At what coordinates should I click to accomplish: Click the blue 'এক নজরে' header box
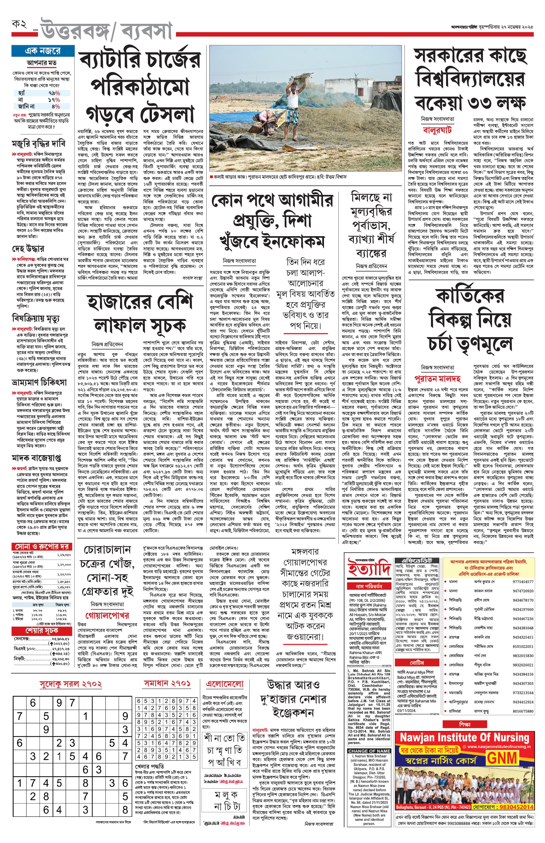tap(43, 51)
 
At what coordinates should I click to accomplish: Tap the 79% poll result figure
tap(54, 93)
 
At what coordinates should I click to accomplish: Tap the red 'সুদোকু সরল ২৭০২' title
tap(71, 683)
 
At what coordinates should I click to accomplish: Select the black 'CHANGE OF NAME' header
tap(369, 751)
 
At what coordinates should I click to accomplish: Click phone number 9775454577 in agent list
tap(523, 581)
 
